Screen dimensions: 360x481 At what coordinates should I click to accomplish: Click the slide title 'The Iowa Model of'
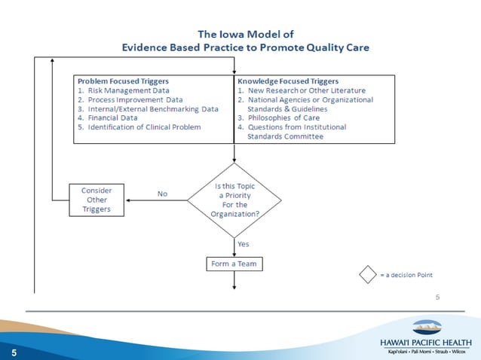[x=244, y=34]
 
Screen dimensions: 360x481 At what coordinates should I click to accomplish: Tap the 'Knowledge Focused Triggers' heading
[x=288, y=80]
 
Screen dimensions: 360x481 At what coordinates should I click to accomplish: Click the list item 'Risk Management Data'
[x=128, y=90]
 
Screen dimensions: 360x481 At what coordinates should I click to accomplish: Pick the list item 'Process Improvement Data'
[x=135, y=99]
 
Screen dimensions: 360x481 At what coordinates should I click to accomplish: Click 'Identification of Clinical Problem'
[x=144, y=127]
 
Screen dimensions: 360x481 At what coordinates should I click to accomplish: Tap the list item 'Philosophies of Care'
[x=290, y=118]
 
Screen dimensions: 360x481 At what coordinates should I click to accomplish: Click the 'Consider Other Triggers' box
[x=97, y=200]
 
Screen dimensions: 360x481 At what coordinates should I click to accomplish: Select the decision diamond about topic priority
[x=234, y=200]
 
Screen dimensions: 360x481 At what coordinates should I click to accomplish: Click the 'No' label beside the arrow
[x=162, y=194]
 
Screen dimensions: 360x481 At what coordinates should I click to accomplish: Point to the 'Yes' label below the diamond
[x=244, y=244]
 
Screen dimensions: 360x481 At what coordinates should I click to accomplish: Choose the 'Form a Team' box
[x=234, y=264]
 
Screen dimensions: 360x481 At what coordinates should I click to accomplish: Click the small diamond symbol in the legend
[x=366, y=274]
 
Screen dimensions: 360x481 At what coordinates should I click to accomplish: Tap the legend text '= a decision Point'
[x=406, y=274]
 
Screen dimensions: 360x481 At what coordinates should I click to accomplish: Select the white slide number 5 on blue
[x=13, y=352]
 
